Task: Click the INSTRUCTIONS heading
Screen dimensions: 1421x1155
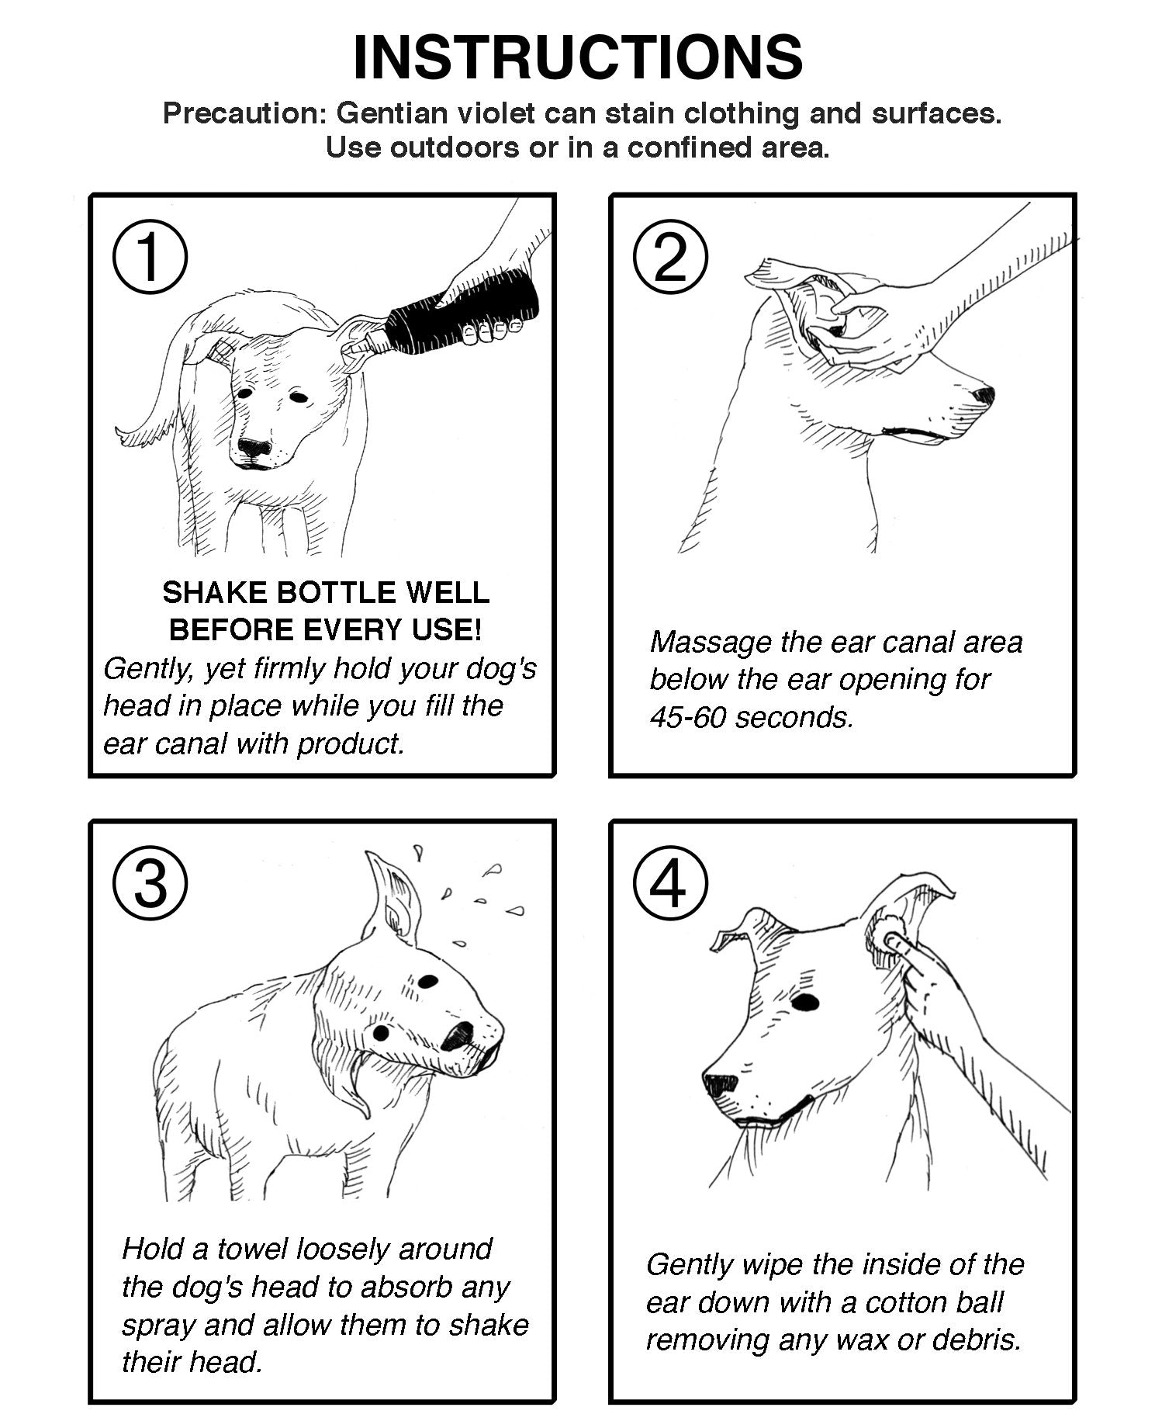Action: (577, 57)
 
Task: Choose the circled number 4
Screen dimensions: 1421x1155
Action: (670, 886)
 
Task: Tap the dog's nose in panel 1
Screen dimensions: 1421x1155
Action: (254, 448)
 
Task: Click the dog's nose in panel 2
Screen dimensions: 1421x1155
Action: (984, 395)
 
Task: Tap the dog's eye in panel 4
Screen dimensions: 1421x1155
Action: (805, 1002)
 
